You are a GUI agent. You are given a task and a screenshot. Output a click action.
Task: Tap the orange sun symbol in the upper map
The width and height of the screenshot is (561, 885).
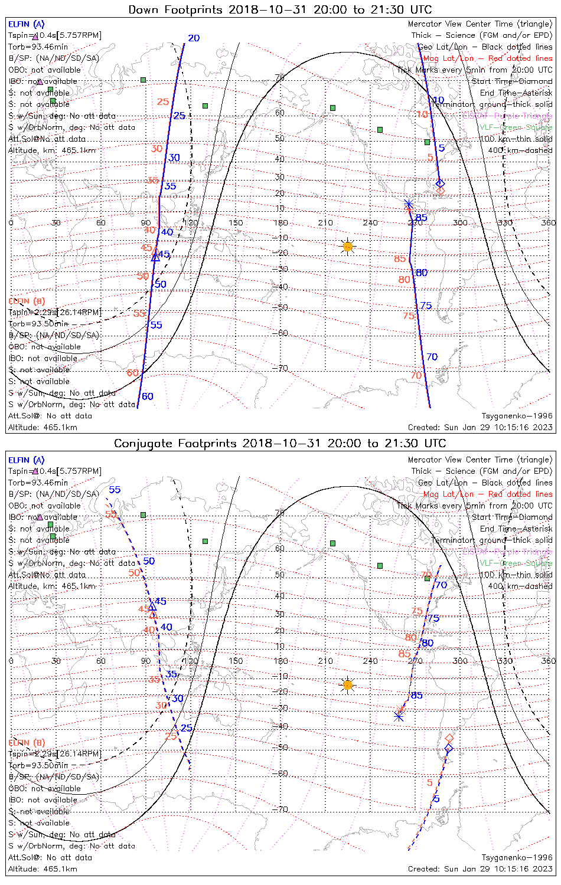pyautogui.click(x=348, y=247)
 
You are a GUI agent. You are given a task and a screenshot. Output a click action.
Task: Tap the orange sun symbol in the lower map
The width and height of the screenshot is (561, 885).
pyautogui.click(x=348, y=685)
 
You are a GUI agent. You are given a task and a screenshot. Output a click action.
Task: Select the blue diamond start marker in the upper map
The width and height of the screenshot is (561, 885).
pyautogui.click(x=439, y=183)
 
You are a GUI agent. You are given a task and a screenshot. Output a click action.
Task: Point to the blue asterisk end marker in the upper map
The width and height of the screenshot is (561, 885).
pyautogui.click(x=409, y=204)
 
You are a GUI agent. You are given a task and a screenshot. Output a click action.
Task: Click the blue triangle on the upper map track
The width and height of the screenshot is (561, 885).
pyautogui.click(x=155, y=257)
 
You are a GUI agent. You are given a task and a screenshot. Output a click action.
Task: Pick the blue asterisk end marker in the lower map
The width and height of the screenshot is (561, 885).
pyautogui.click(x=399, y=716)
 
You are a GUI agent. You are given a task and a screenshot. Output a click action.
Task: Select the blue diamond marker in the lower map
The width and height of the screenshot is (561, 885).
pyautogui.click(x=449, y=749)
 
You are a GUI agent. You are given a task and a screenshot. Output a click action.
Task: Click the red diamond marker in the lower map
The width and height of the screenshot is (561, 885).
pyautogui.click(x=449, y=738)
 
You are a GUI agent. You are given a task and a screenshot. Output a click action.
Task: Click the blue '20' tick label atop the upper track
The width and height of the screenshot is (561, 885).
pyautogui.click(x=194, y=38)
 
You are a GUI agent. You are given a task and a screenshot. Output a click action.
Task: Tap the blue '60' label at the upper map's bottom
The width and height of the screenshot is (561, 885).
pyautogui.click(x=148, y=396)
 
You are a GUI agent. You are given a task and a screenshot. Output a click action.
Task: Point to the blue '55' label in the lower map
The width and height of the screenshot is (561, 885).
pyautogui.click(x=115, y=490)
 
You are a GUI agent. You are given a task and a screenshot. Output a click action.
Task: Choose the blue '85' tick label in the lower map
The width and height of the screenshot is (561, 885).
pyautogui.click(x=417, y=696)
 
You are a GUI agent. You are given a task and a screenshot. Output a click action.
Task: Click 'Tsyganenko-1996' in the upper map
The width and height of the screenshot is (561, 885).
pyautogui.click(x=517, y=416)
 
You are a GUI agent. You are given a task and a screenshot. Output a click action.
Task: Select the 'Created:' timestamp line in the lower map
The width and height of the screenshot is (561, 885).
pyautogui.click(x=480, y=868)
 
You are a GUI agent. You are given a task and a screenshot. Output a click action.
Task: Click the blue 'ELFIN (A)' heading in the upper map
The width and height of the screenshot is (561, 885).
pyautogui.click(x=26, y=24)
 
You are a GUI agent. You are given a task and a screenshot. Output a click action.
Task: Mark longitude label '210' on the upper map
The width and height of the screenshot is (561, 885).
pyautogui.click(x=325, y=222)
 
